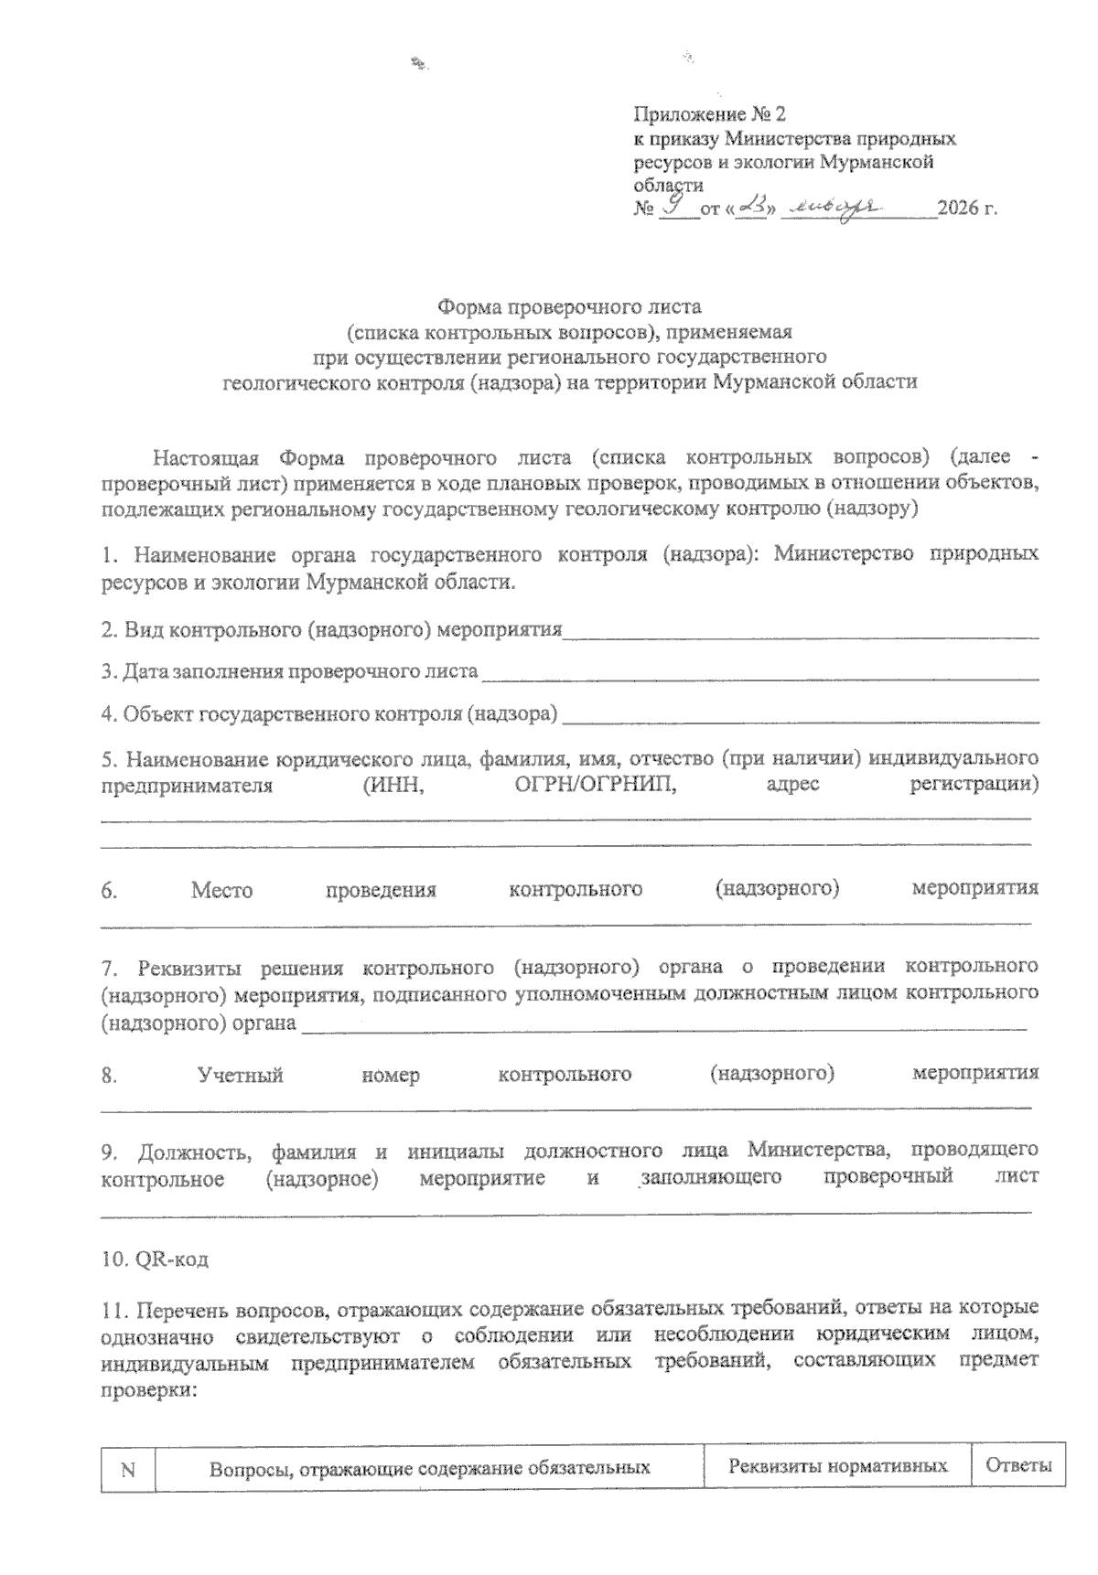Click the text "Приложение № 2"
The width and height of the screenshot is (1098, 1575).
709,114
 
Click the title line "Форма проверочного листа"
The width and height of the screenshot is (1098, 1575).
569,305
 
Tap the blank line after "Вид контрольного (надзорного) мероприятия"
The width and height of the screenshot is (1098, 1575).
801,632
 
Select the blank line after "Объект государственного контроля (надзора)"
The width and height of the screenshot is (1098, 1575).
801,715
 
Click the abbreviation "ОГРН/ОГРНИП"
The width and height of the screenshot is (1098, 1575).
590,785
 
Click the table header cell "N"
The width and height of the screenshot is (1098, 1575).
128,1469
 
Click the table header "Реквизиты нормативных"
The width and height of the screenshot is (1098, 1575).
837,1467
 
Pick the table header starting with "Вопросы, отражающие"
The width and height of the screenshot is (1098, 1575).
430,1469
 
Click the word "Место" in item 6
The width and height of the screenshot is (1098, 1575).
221,889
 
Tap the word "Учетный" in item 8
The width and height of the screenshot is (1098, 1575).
241,1075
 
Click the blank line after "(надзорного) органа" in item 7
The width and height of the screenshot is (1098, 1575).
663,1025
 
